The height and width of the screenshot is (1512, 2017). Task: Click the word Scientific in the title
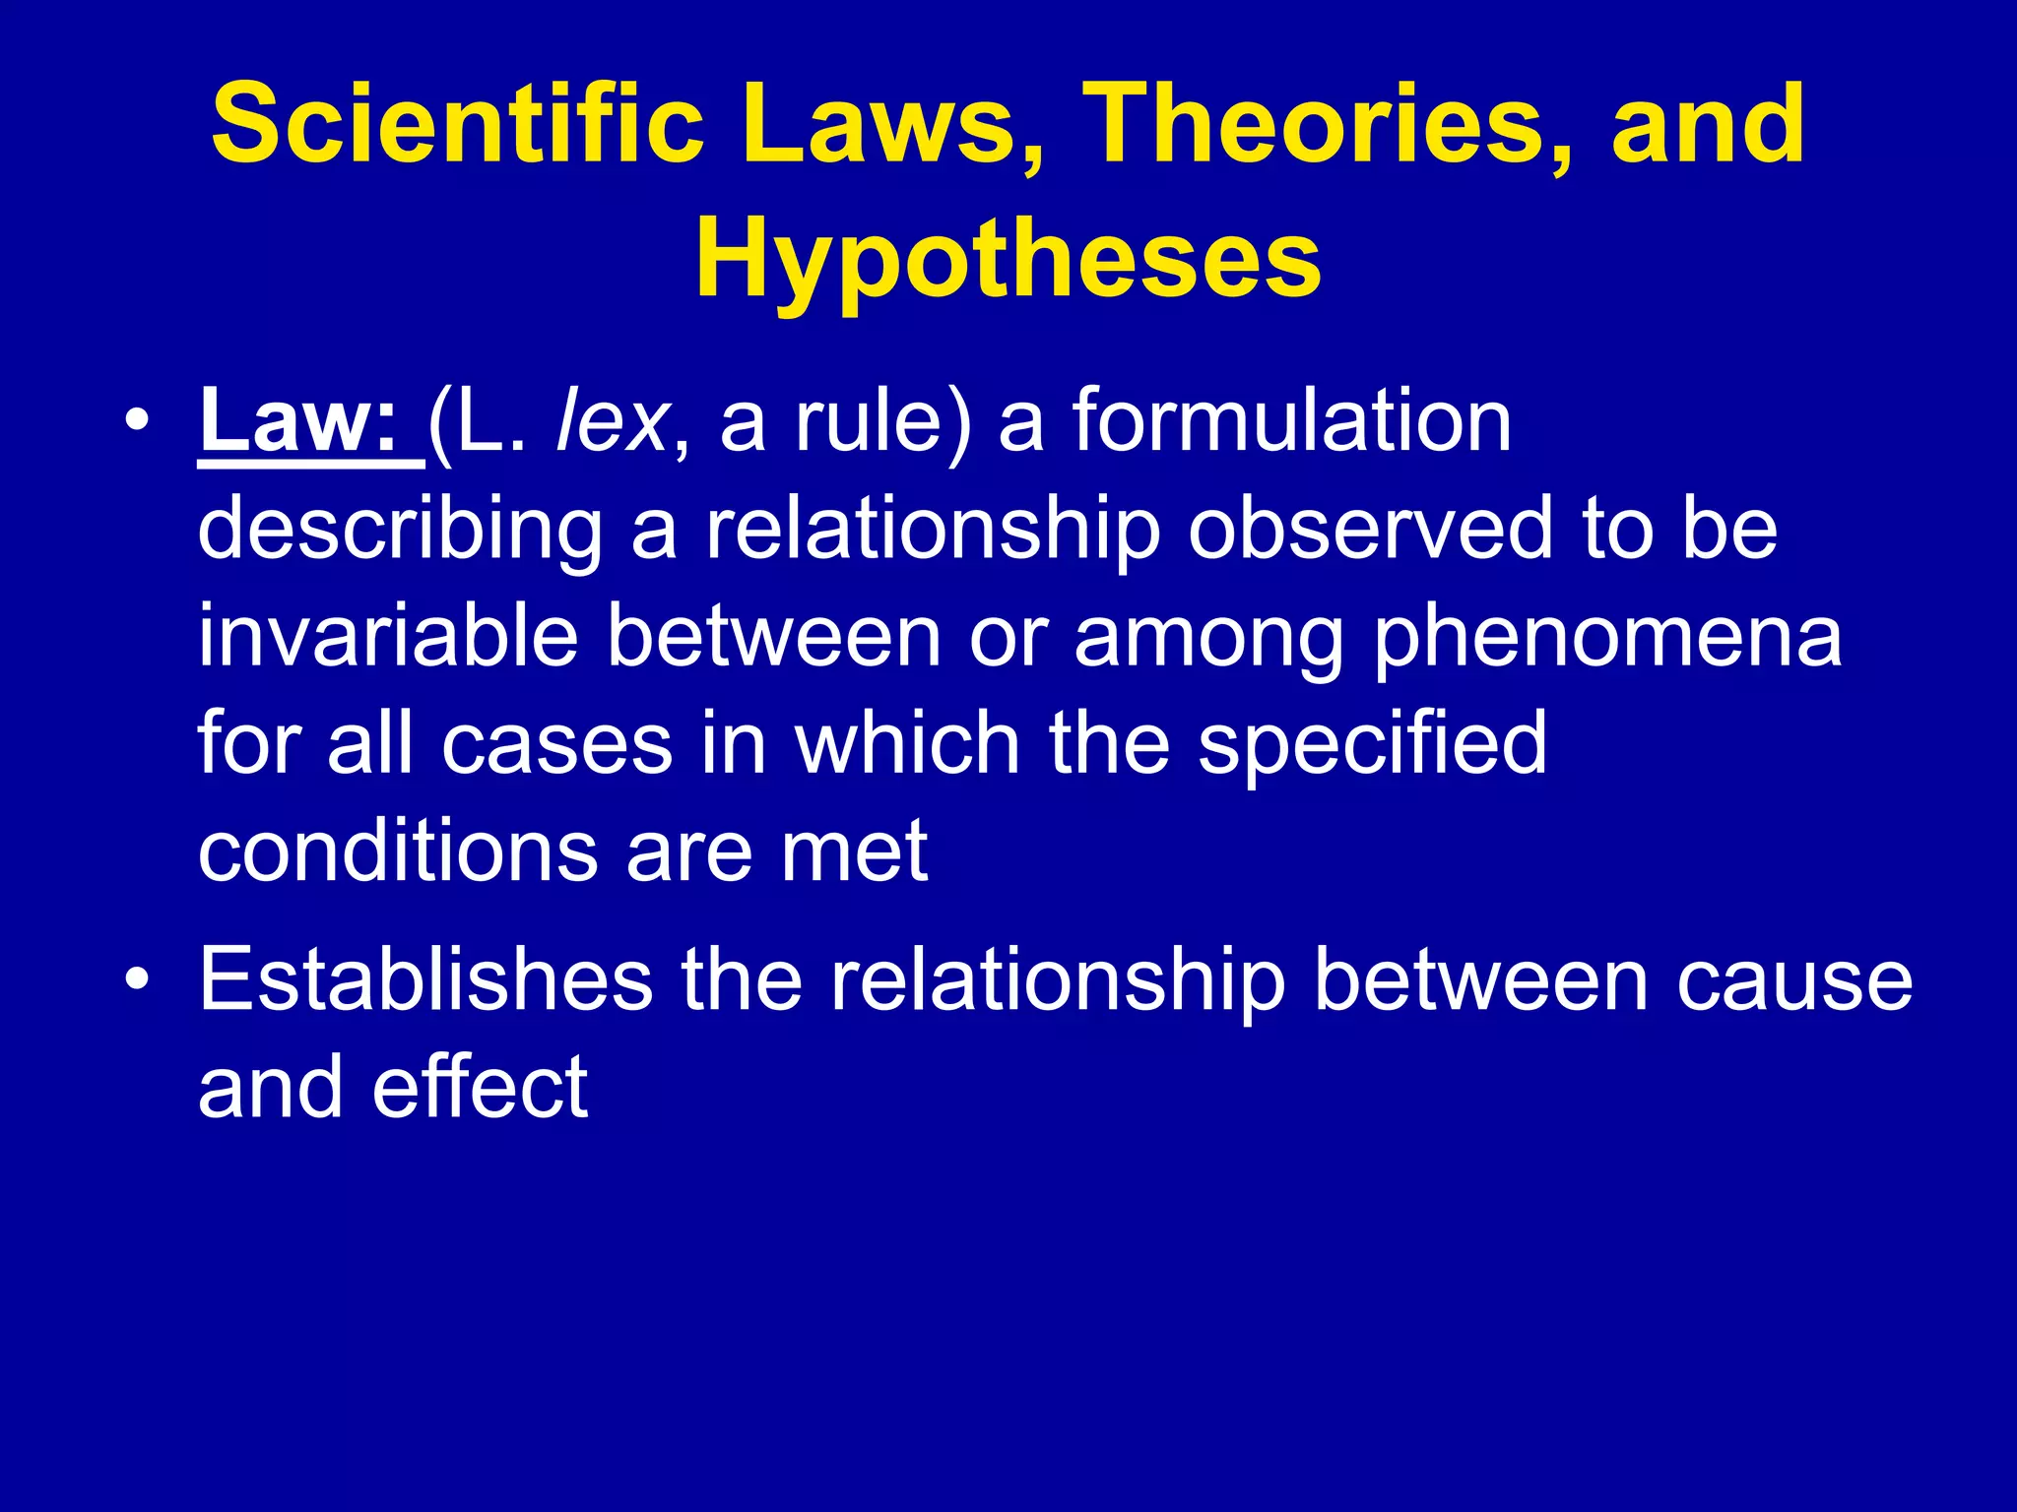click(457, 124)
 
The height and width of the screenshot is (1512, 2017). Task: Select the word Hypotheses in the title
click(1008, 258)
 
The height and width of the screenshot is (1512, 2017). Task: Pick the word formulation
click(1291, 421)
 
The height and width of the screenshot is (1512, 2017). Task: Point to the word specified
click(1372, 746)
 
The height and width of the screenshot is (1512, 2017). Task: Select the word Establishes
click(425, 979)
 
